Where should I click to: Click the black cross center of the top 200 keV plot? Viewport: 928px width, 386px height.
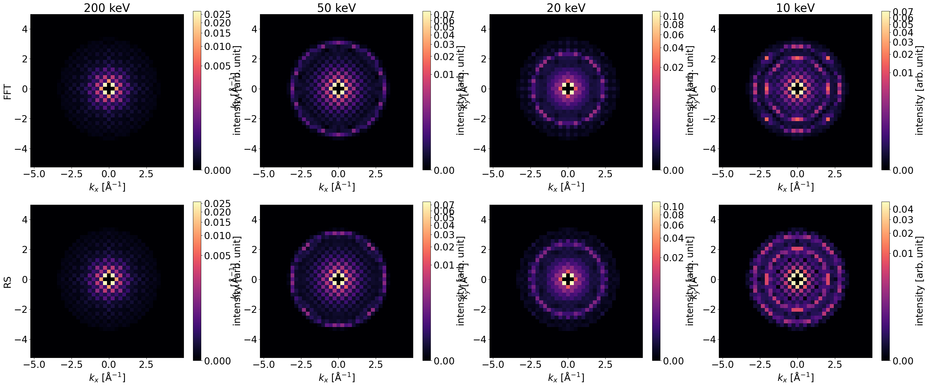tap(109, 88)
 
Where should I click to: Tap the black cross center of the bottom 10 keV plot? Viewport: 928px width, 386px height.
tap(797, 279)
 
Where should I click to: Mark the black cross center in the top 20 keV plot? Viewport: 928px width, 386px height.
tap(568, 88)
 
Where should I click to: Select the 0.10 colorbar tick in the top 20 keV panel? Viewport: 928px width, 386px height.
tap(673, 16)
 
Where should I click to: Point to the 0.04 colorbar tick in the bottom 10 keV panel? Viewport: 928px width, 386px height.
tap(903, 209)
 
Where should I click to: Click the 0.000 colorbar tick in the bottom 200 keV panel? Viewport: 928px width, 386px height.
tap(217, 361)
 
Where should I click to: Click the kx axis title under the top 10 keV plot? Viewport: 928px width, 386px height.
tap(795, 187)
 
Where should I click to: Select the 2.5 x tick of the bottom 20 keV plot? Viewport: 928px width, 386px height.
tap(605, 365)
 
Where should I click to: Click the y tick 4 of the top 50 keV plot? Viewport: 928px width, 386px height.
tap(254, 29)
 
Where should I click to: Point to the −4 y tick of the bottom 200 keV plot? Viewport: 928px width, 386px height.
tap(22, 339)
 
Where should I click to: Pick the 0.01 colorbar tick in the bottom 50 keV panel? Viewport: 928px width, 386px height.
tap(444, 265)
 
